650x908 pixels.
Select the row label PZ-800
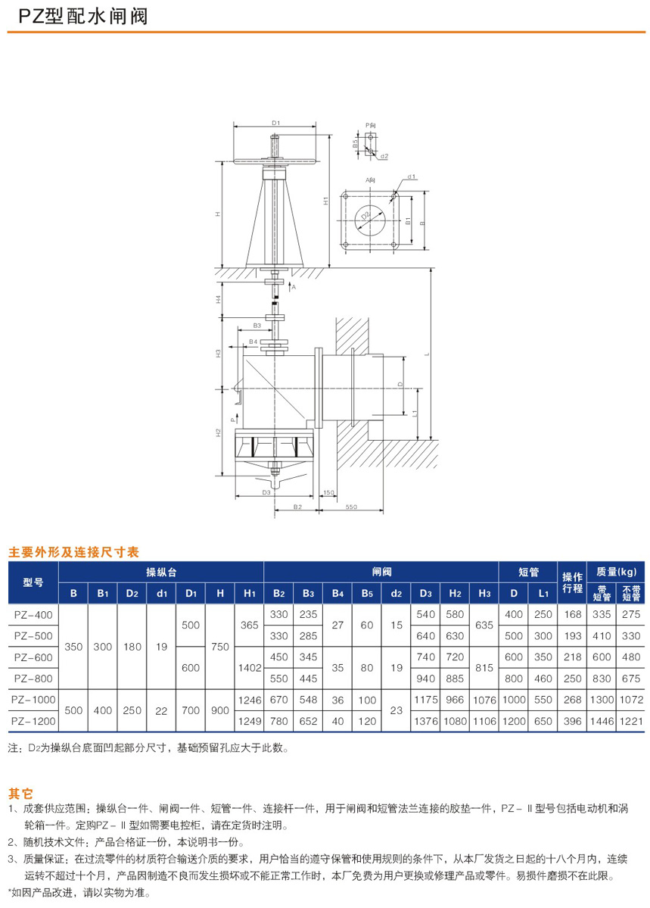33,678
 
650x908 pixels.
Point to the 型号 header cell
33,582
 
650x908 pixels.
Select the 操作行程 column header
572,582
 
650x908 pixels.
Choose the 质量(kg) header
617,571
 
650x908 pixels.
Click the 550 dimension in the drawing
351,506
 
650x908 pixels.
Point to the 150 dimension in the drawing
328,493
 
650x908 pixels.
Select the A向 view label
370,181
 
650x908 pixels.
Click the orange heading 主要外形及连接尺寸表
73,552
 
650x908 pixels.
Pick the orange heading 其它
20,794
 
